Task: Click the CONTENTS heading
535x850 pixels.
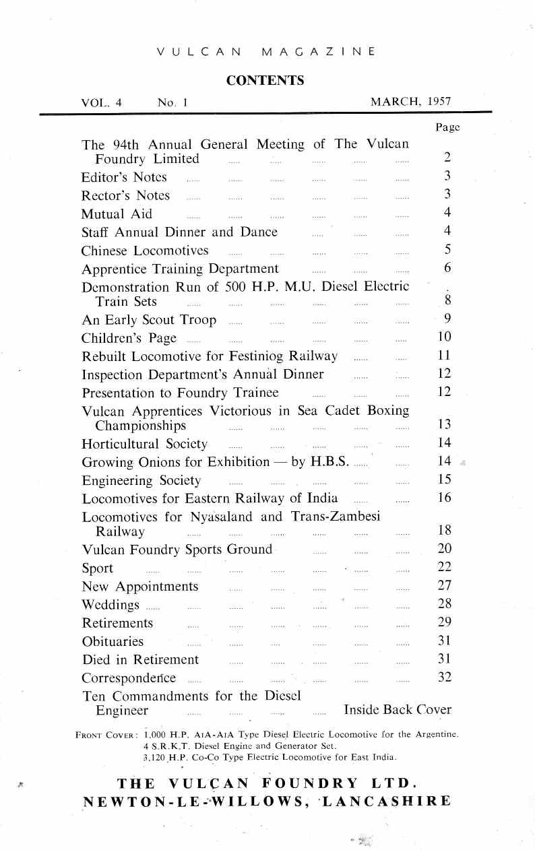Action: pos(265,81)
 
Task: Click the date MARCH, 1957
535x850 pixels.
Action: pos(410,102)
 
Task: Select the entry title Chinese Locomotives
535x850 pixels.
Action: pos(145,251)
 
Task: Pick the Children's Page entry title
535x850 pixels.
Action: pos(129,337)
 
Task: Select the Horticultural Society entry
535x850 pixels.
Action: pos(144,443)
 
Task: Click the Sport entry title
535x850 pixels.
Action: pos(97,568)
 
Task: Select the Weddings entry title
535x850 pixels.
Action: pos(111,604)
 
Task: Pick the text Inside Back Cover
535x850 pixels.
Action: pos(398,709)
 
